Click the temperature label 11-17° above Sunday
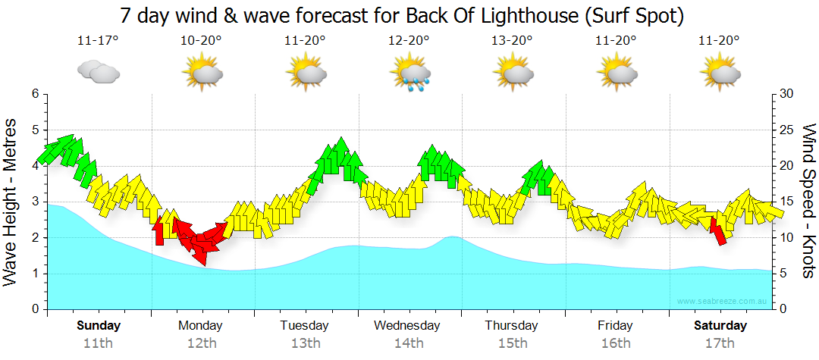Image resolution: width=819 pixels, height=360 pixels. point(98,40)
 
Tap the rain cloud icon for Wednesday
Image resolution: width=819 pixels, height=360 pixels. point(409,74)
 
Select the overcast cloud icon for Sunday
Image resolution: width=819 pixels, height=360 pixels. point(98,73)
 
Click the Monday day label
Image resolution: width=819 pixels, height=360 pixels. point(200,326)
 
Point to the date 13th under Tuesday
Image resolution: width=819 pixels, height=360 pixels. point(305,343)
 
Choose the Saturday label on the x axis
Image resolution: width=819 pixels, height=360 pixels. point(720,326)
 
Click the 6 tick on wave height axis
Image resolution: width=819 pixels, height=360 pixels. point(35,94)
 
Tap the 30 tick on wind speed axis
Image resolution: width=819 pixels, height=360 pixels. point(787,94)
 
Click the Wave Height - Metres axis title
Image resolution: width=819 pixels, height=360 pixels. point(11,202)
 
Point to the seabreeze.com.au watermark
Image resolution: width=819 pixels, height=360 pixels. point(723,302)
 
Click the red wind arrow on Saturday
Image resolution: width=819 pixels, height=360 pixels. point(719,230)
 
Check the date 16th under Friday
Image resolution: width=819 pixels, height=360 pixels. point(616,343)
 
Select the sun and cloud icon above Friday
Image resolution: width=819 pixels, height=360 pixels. point(617,73)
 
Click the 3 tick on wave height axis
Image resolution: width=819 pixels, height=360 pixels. point(35,202)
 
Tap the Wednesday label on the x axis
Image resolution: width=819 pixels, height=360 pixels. point(407,326)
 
